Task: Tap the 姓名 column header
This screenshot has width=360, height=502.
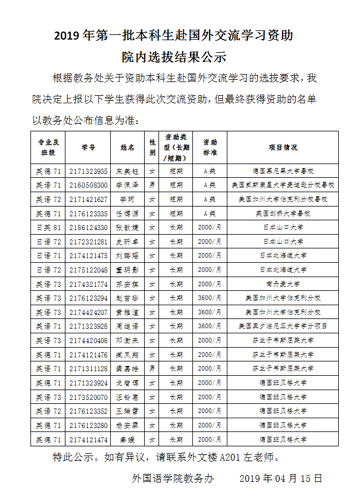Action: click(127, 147)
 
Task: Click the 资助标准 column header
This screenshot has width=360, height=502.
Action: click(210, 147)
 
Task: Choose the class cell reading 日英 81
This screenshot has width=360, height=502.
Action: click(49, 227)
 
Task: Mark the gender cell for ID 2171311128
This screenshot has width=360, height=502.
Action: click(152, 368)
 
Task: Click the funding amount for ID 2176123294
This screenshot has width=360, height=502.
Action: click(210, 298)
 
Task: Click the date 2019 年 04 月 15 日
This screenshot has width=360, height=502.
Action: click(281, 478)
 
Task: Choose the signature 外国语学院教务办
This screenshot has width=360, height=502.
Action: click(173, 478)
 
